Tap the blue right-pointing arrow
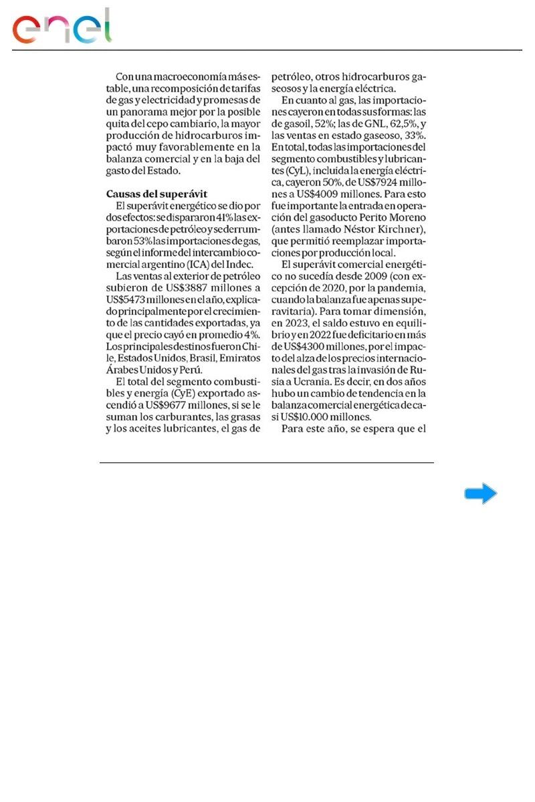coord(481,494)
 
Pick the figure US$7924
coord(372,182)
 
